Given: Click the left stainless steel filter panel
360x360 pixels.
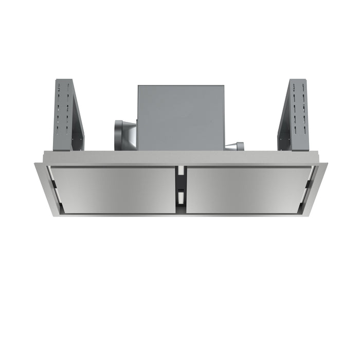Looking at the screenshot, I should [113, 189].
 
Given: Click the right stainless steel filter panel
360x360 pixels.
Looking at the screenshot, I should [248, 189].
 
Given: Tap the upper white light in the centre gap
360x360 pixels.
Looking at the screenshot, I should [181, 170].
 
